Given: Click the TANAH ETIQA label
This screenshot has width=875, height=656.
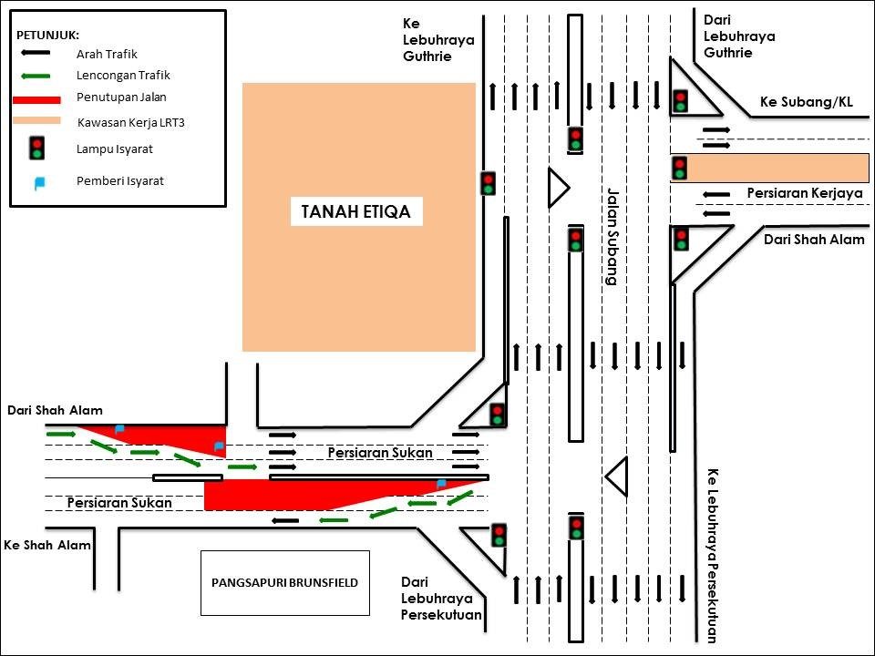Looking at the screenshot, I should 356,213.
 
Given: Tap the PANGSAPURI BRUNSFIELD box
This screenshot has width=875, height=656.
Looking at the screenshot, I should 285,582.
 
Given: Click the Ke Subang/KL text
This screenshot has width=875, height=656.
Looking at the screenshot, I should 806,102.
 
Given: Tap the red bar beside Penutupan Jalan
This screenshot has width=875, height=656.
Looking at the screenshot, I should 37,98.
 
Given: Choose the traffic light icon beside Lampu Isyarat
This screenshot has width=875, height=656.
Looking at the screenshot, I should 37,148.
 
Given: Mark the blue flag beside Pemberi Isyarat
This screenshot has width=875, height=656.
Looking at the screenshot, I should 38,182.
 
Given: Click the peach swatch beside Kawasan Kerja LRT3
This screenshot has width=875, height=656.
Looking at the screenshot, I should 37,120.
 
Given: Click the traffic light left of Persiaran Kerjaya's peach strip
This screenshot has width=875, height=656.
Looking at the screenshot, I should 680,168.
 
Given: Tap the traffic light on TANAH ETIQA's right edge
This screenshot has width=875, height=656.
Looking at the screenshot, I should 488,183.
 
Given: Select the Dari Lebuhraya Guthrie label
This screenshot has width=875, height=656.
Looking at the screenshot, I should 739,36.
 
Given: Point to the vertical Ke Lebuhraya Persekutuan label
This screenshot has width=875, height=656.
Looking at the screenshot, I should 712,556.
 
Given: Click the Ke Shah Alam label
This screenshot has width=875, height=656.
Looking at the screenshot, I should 46,545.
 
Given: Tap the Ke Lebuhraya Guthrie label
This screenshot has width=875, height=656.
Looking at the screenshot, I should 438,39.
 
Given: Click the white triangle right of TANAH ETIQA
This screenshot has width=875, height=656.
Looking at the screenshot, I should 557,189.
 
